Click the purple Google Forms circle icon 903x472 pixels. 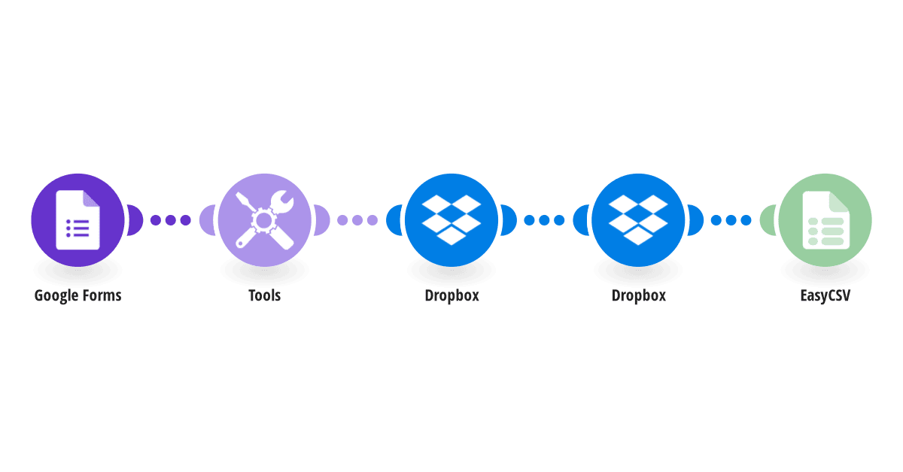(78, 220)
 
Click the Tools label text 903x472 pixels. (264, 295)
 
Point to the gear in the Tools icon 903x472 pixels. (263, 220)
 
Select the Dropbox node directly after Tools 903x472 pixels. (451, 220)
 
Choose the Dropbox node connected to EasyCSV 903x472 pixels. (638, 220)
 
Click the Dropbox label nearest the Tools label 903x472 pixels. (452, 295)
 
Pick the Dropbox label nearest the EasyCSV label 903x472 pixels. (639, 295)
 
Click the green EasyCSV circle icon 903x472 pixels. (825, 220)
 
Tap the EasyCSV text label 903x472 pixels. (825, 296)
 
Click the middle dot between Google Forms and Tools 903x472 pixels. (171, 220)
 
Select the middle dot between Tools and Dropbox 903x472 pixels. (357, 220)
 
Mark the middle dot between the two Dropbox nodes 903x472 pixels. (544, 220)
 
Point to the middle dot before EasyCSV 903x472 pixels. (731, 220)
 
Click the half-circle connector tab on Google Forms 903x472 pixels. (135, 220)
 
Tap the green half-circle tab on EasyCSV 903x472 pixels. (768, 220)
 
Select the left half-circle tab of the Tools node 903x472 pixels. (207, 220)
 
